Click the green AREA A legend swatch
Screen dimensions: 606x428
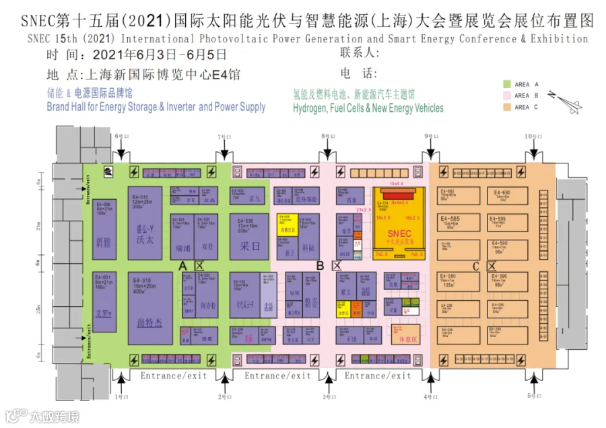click(x=508, y=84)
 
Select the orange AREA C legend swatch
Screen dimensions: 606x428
click(x=508, y=107)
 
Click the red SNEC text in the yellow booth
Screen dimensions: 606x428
click(x=398, y=233)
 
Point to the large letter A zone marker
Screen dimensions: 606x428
click(x=182, y=266)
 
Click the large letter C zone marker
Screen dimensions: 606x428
click(x=475, y=266)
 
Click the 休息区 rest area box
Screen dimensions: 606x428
click(x=409, y=341)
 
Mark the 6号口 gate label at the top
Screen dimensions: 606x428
click(x=121, y=137)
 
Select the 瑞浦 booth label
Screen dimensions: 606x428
click(x=182, y=247)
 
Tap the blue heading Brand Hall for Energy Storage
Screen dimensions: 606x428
click(x=156, y=107)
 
